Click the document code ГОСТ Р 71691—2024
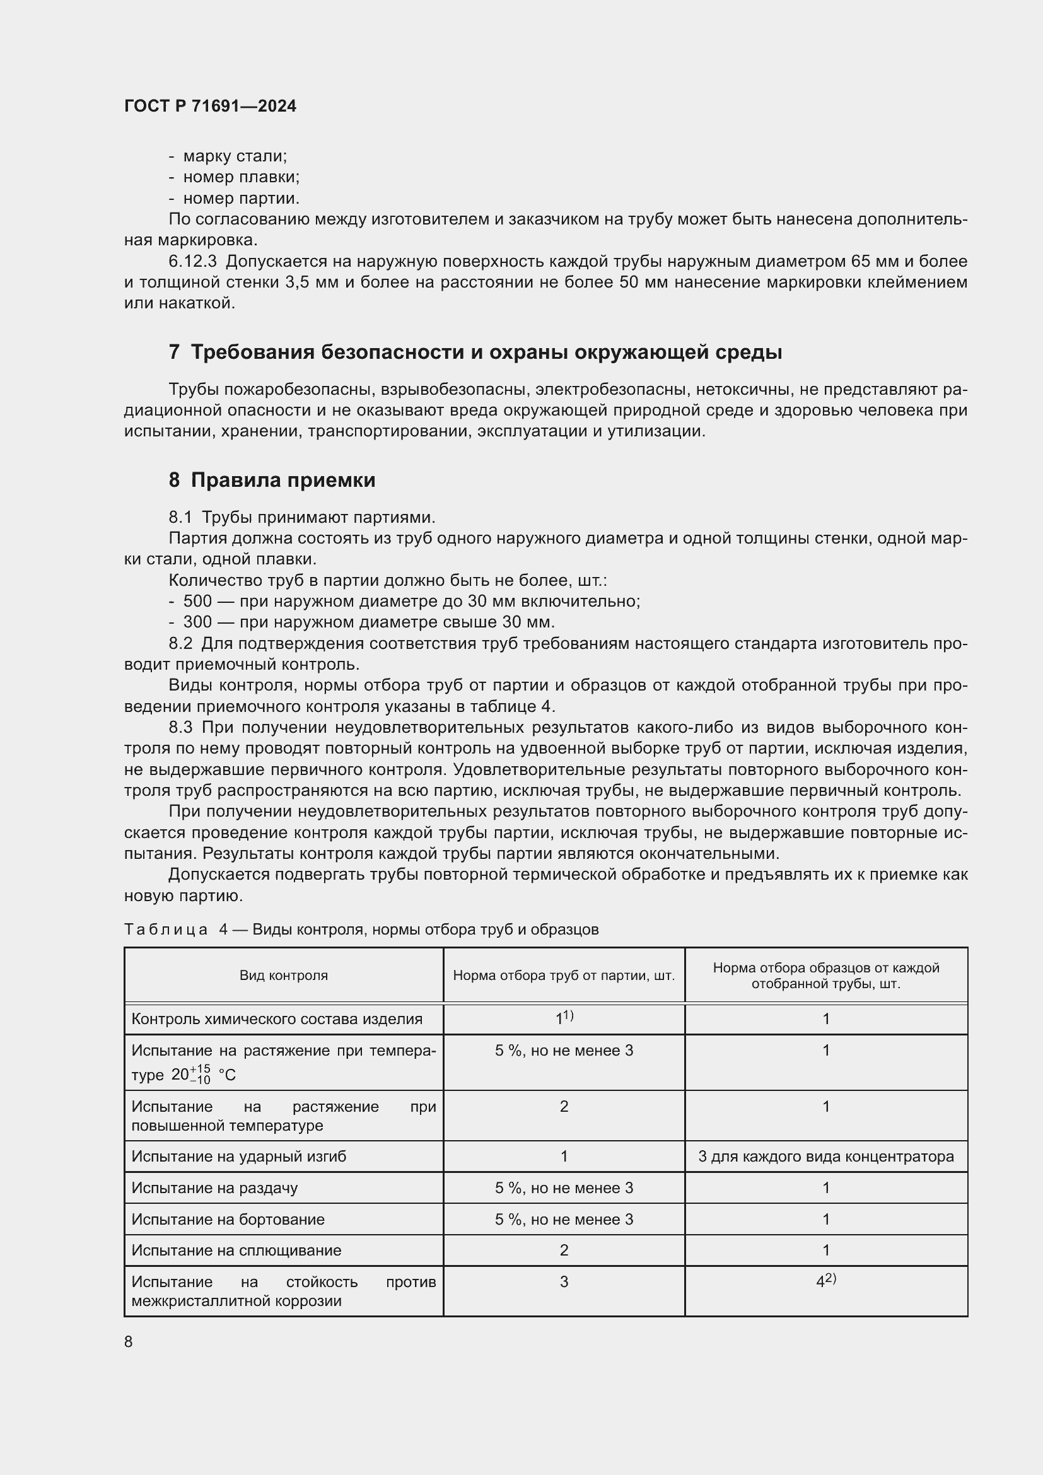pos(210,106)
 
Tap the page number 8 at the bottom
pos(129,1341)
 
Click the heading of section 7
pos(475,352)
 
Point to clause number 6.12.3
pos(193,262)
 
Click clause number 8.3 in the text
pos(180,727)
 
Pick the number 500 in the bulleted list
pos(197,602)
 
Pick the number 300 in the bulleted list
pos(197,622)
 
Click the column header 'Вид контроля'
pos(283,975)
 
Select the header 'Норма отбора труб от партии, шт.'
pos(563,975)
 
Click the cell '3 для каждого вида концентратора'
pos(825,1157)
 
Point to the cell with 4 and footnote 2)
pos(825,1281)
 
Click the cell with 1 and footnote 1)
pos(563,1018)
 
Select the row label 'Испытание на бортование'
pos(228,1220)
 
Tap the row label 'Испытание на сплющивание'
pos(236,1250)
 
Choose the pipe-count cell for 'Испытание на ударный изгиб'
pos(563,1157)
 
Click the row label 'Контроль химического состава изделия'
pos(277,1019)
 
